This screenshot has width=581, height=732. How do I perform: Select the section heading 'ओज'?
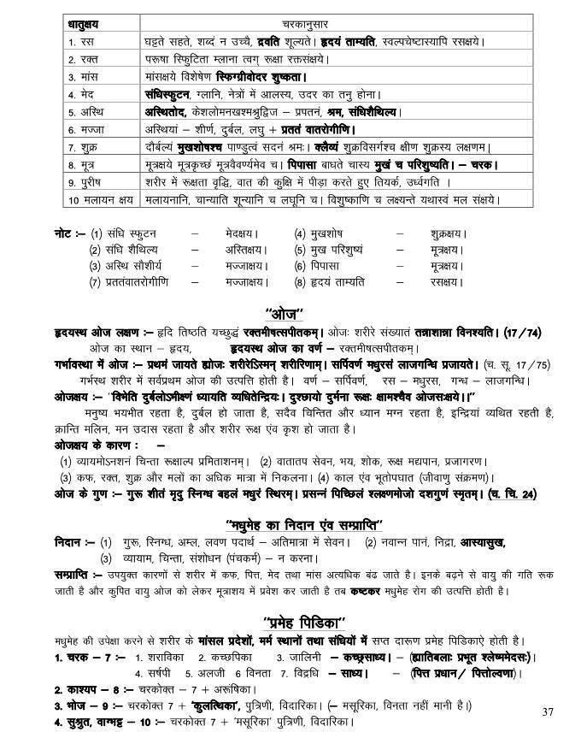tap(290, 311)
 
